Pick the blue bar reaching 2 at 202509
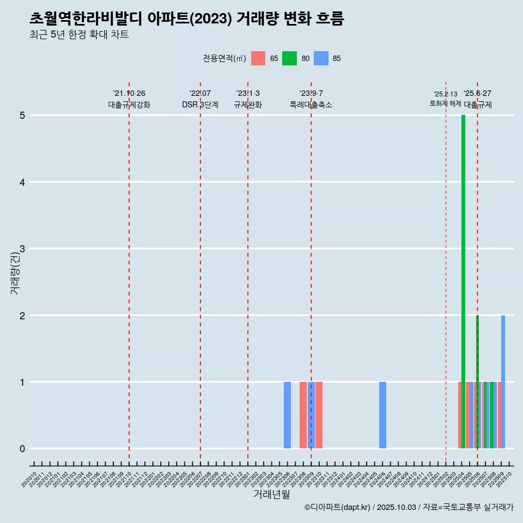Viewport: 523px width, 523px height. click(503, 381)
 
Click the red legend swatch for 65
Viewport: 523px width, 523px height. click(258, 58)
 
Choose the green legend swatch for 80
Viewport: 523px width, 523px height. click(289, 58)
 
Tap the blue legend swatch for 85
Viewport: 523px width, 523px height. click(321, 58)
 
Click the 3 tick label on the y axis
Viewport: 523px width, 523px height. click(22, 249)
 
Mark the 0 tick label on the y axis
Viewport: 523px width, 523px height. click(22, 449)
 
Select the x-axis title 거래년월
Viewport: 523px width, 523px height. click(271, 494)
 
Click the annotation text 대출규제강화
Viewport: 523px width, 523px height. click(129, 105)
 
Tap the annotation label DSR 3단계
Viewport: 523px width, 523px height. click(200, 105)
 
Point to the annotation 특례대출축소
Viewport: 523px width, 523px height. click(311, 105)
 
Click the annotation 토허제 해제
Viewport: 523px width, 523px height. click(445, 104)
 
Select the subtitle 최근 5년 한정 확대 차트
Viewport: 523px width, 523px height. click(79, 35)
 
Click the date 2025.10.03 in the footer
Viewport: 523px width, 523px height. click(397, 508)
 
